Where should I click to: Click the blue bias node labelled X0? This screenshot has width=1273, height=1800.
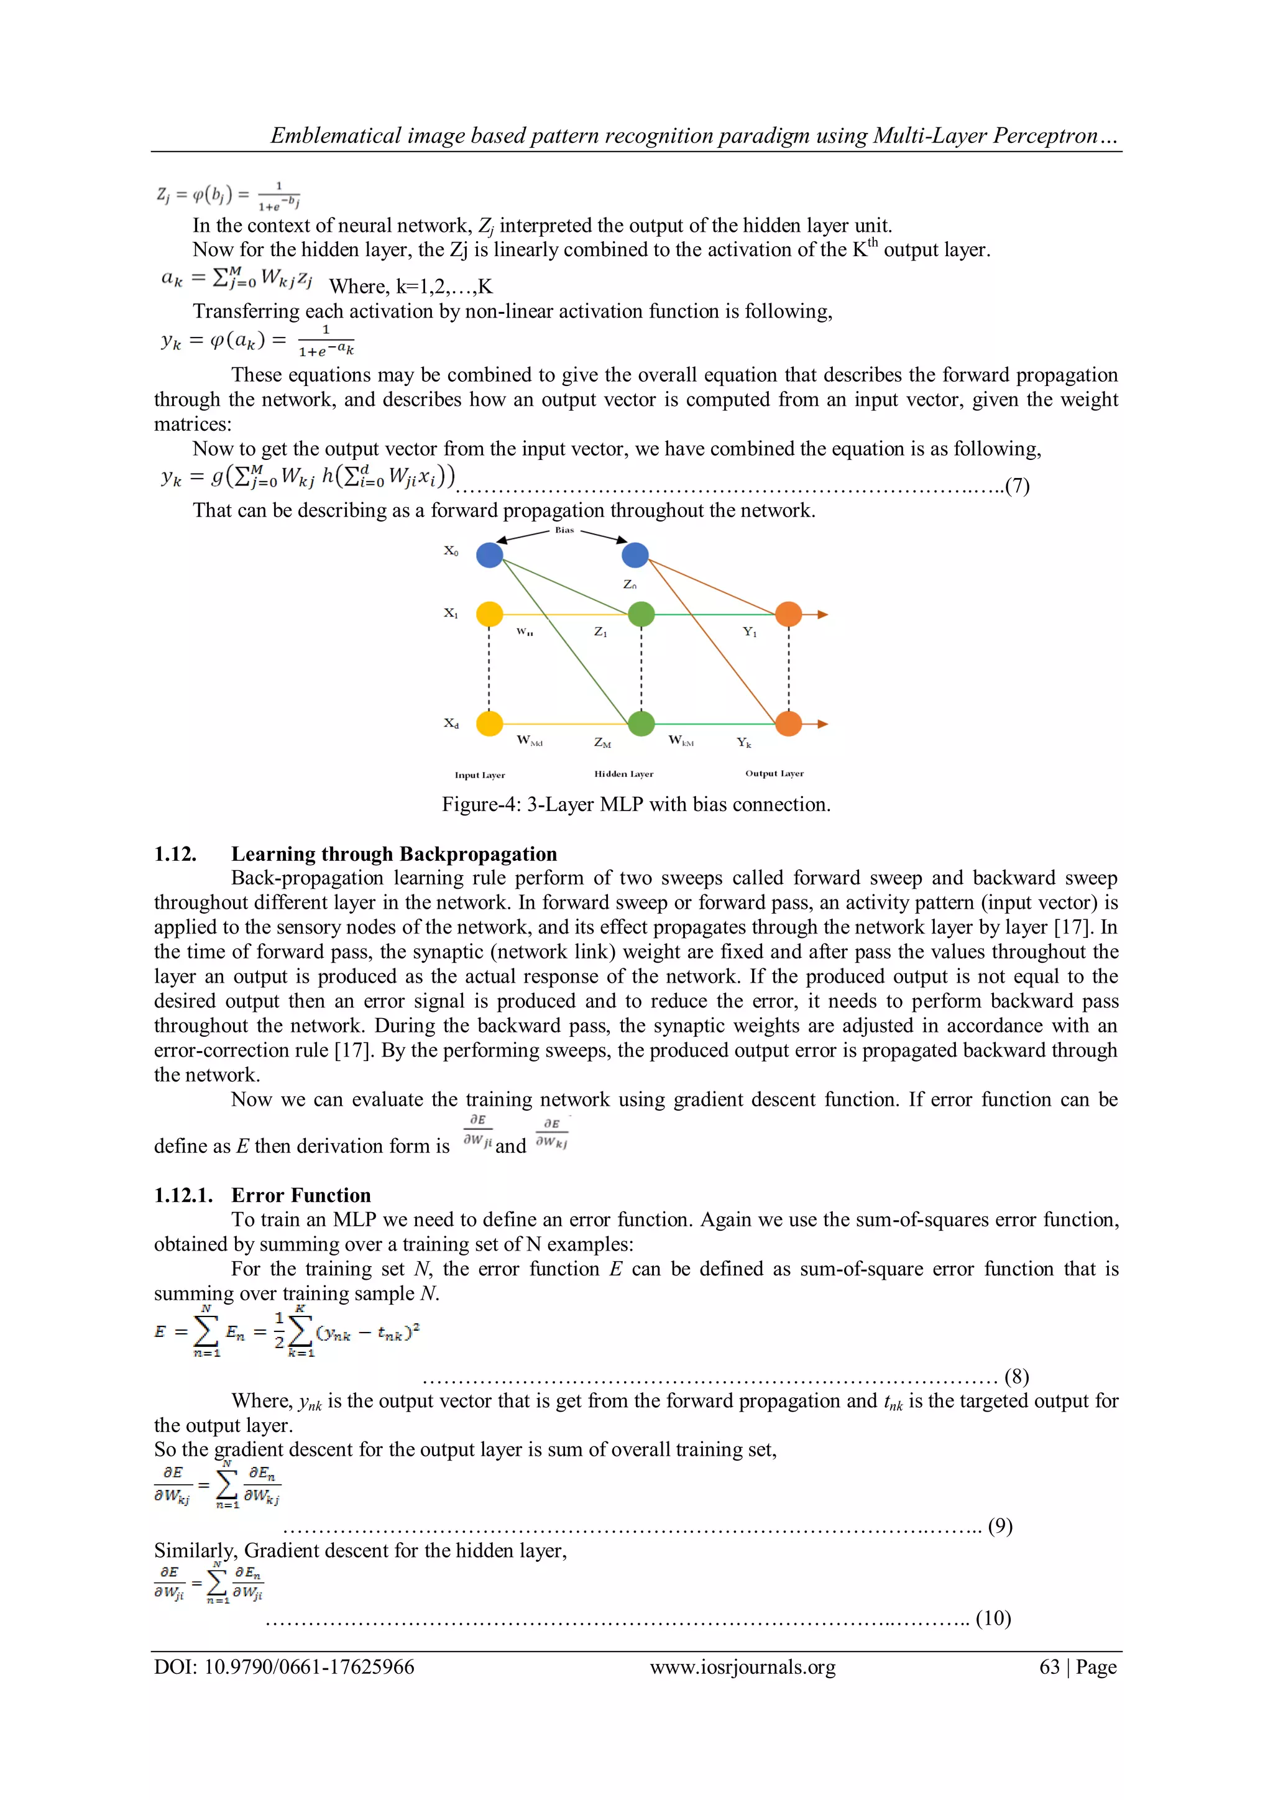(489, 555)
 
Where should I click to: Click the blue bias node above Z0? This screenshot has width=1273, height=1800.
(635, 555)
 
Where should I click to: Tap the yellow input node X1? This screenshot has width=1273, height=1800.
(489, 614)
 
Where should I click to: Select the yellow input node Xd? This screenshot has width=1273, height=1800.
(489, 723)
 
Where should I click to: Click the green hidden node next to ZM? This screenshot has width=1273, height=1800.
(641, 723)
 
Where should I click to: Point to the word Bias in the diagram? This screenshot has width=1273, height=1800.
(564, 531)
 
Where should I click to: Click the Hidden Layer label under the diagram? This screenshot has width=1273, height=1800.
(623, 774)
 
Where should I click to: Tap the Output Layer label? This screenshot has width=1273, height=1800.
(774, 773)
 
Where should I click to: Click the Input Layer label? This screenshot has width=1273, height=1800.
(480, 774)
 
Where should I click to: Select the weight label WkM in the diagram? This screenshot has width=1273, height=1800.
(681, 740)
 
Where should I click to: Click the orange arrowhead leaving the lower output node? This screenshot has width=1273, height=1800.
(822, 723)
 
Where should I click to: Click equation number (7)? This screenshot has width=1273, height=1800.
(1017, 486)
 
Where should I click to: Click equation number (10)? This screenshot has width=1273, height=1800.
(993, 1618)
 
